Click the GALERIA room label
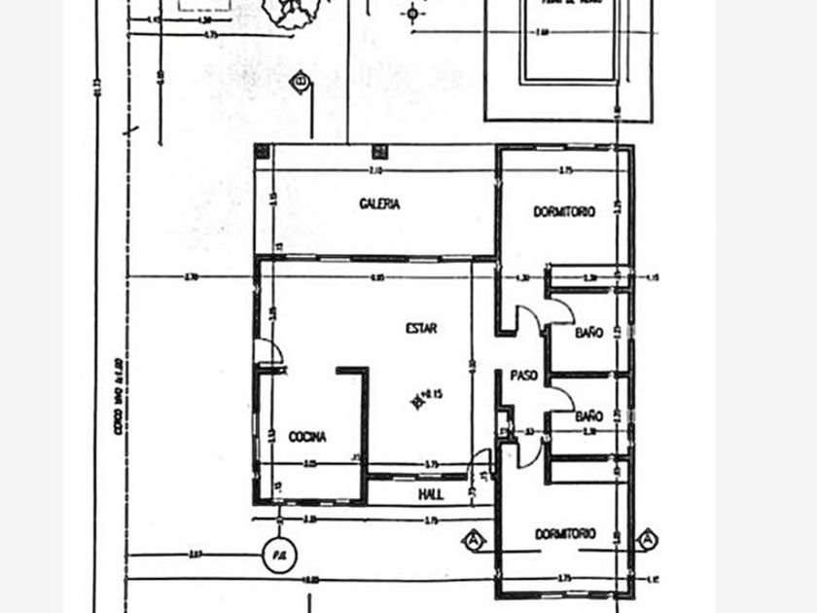(x=379, y=204)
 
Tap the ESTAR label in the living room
(x=420, y=329)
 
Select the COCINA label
(x=307, y=437)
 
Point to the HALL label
(x=431, y=494)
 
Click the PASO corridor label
(x=524, y=375)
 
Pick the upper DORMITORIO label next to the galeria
(x=564, y=211)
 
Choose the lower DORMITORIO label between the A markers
(x=564, y=534)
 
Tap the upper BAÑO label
(x=587, y=333)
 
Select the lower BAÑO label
(x=587, y=416)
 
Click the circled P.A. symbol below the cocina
(x=276, y=555)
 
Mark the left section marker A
(x=474, y=539)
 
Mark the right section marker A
(x=646, y=539)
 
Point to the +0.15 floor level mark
(x=427, y=396)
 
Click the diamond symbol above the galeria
(x=302, y=82)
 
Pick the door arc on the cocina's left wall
(x=266, y=352)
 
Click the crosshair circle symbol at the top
(x=413, y=13)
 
